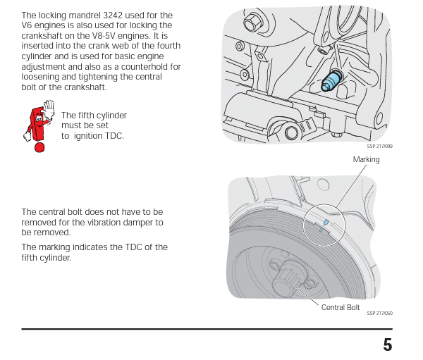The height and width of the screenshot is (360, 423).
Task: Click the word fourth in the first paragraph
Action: pyautogui.click(x=166, y=46)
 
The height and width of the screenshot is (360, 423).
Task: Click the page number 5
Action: pyautogui.click(x=387, y=345)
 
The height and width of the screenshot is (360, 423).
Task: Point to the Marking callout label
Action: pyautogui.click(x=366, y=160)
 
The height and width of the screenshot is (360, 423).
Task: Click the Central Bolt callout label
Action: pyautogui.click(x=341, y=307)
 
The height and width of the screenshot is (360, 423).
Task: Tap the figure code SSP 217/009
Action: pyautogui.click(x=379, y=147)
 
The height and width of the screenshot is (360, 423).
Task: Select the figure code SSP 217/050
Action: pyautogui.click(x=379, y=314)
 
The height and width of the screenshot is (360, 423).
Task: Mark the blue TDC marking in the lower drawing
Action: pyautogui.click(x=324, y=224)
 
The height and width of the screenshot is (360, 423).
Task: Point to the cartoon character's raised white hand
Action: pyautogui.click(x=49, y=106)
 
